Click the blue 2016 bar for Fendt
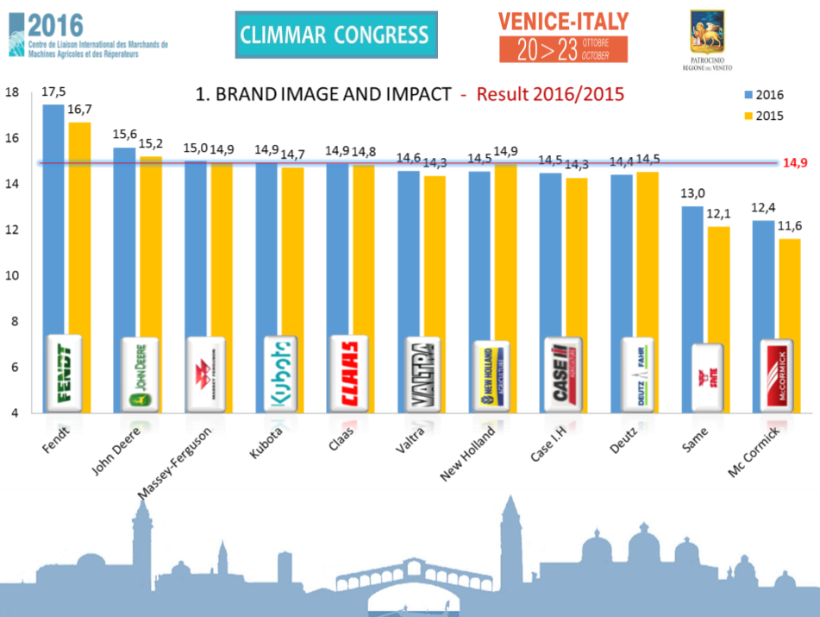click(53, 216)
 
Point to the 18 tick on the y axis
click(12, 93)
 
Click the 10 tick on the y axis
click(12, 276)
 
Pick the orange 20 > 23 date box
click(563, 49)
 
